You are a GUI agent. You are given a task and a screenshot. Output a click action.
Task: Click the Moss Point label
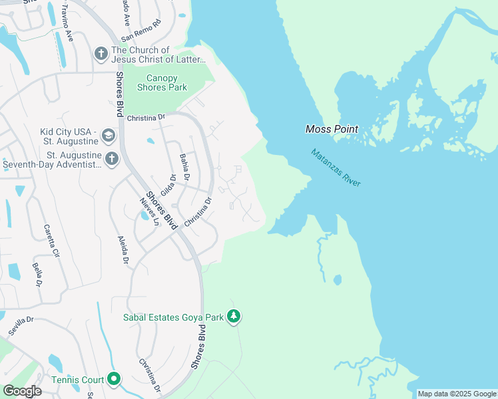(x=332, y=129)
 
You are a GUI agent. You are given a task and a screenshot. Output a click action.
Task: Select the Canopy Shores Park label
(x=162, y=82)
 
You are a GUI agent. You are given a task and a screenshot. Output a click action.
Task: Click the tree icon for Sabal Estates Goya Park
(x=233, y=317)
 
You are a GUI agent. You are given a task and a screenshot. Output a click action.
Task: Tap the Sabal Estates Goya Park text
(x=173, y=317)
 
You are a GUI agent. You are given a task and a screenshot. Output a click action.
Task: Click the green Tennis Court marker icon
(x=114, y=380)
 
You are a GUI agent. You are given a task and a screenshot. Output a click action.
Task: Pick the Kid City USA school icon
(x=108, y=136)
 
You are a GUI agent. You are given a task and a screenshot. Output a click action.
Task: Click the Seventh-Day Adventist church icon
(x=111, y=159)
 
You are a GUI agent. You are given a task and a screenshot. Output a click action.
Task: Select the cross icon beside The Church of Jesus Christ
(x=101, y=53)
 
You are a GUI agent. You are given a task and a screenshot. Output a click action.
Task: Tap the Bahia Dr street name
(x=185, y=167)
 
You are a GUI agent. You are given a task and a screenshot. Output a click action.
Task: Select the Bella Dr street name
(x=37, y=274)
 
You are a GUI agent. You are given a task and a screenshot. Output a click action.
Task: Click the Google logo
(x=22, y=390)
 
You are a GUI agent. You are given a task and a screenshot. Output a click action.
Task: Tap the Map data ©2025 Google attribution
(x=457, y=394)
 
